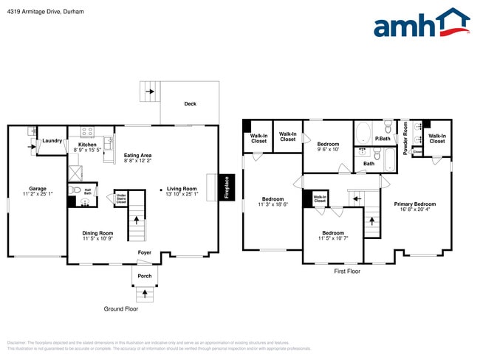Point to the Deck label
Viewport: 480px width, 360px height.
point(190,104)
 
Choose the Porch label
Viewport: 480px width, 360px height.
point(145,276)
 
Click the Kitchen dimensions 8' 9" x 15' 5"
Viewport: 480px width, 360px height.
point(87,150)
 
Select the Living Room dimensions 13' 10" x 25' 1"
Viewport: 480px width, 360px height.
point(181,194)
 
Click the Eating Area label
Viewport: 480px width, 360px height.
point(137,155)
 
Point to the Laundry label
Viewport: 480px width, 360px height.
point(52,140)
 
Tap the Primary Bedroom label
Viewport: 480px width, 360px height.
point(414,204)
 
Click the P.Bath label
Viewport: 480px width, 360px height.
point(383,139)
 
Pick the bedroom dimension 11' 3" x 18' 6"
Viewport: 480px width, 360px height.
point(272,204)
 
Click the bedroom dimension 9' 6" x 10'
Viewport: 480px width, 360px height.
point(328,149)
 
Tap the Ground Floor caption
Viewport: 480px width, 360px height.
point(120,309)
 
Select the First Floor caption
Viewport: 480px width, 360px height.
point(346,271)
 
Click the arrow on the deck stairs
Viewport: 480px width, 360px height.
point(150,92)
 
